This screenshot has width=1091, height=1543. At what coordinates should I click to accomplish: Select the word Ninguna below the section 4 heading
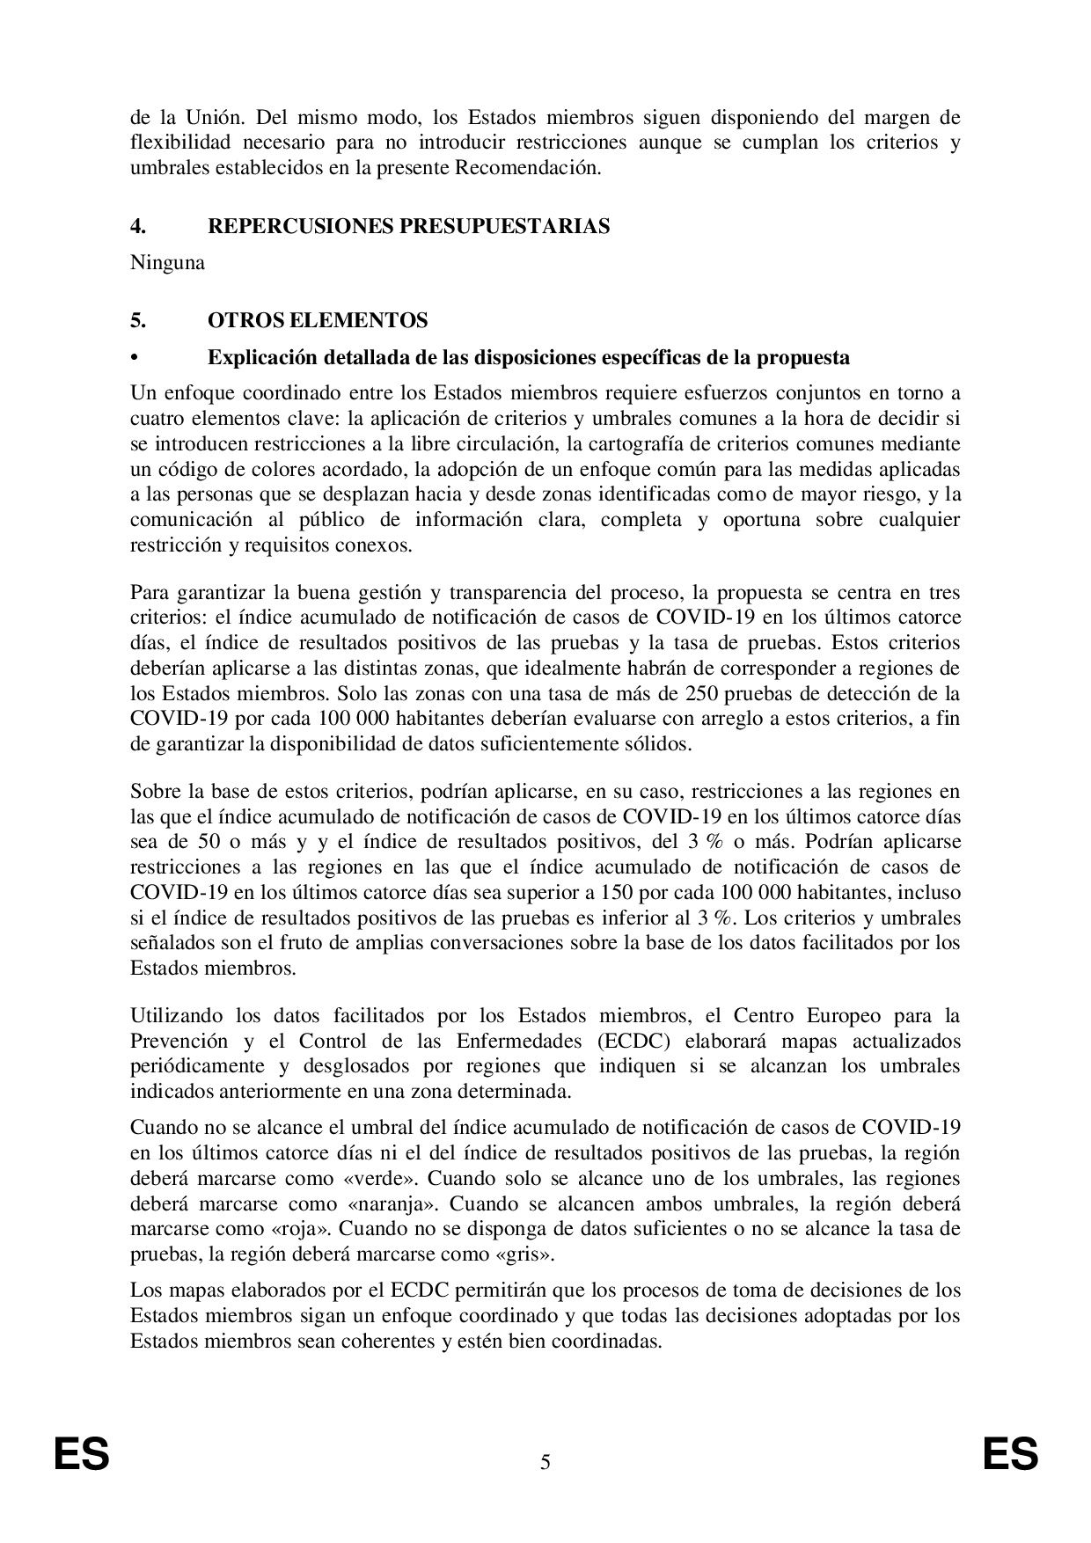[x=167, y=262]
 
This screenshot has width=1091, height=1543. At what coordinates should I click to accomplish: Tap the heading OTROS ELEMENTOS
[x=318, y=320]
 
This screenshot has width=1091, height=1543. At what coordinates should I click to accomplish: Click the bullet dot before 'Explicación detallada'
[x=135, y=358]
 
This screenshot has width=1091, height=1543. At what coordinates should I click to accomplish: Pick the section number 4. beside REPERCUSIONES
[x=138, y=226]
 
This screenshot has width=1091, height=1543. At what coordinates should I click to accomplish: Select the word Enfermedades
[x=504, y=1042]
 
